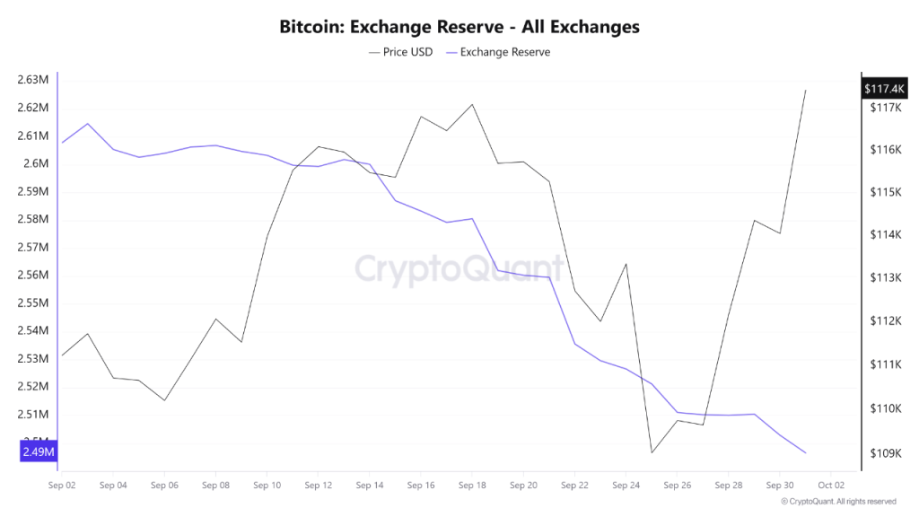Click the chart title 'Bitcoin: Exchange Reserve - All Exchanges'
point(459,27)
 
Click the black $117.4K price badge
point(884,89)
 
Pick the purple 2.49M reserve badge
point(39,451)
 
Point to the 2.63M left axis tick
point(32,80)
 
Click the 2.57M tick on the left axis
point(32,247)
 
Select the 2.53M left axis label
point(32,359)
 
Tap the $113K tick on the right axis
point(884,278)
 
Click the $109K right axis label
point(884,453)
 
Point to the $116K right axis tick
point(884,149)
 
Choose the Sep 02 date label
point(62,485)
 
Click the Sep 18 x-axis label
point(472,485)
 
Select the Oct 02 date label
point(831,485)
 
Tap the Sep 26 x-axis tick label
point(677,485)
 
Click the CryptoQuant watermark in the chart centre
point(459,269)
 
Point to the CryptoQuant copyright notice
point(838,502)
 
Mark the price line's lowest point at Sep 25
point(652,452)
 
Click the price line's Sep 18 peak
point(472,104)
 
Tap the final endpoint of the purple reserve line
point(805,453)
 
